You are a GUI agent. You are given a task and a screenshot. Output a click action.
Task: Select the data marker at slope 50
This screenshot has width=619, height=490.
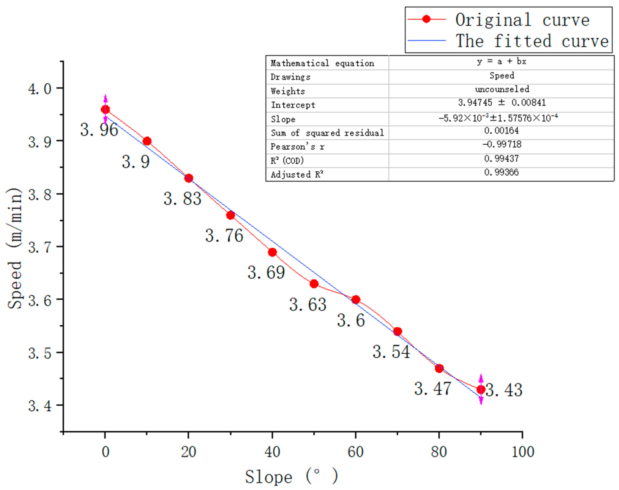tap(314, 284)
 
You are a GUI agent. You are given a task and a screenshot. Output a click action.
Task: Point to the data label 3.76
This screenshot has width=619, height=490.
tap(224, 236)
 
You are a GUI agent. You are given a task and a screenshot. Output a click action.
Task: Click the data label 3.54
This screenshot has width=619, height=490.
tap(391, 352)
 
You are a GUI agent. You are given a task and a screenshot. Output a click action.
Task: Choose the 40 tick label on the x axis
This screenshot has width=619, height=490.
tap(272, 452)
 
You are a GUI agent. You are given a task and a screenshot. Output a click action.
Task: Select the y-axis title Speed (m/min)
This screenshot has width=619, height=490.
tap(14, 248)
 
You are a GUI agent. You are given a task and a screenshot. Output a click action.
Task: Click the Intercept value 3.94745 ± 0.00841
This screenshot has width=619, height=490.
tap(502, 103)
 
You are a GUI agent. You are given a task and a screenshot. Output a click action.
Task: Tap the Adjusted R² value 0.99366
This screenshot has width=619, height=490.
tap(501, 172)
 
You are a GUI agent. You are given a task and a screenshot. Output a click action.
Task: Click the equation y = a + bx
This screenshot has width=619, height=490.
tap(501, 61)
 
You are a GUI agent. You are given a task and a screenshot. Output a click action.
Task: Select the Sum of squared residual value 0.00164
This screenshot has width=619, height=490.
tap(501, 131)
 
